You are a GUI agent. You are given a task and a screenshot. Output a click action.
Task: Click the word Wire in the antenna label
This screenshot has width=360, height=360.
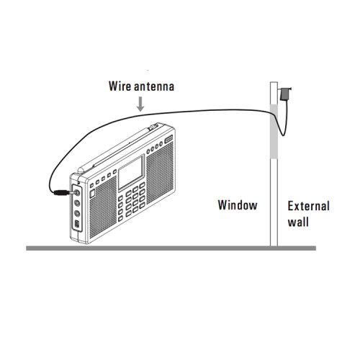tap(120, 86)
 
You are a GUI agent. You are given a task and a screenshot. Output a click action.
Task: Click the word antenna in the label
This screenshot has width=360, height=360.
tap(154, 86)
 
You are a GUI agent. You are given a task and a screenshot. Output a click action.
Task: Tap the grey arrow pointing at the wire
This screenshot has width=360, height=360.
tap(140, 104)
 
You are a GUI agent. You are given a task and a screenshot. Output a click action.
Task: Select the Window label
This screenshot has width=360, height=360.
tap(238, 205)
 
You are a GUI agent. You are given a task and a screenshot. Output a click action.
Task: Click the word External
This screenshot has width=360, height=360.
tap(309, 206)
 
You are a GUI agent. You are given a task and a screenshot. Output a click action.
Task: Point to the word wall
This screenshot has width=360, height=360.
tap(298, 222)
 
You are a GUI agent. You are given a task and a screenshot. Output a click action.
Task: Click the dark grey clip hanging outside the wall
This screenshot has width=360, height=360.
tap(285, 94)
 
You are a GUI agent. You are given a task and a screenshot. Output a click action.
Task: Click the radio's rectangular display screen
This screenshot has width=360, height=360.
tap(131, 173)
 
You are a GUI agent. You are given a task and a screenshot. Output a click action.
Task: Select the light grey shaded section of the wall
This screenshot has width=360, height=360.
tap(274, 132)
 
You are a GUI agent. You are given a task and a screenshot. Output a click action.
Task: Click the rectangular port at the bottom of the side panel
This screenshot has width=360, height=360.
tap(77, 224)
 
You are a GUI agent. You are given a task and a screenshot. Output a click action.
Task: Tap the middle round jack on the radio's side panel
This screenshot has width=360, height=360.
tap(77, 203)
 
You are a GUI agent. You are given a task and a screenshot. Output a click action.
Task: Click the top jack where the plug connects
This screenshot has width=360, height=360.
tap(77, 192)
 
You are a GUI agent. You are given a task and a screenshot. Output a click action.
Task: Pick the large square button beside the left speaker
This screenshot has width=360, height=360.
tap(92, 194)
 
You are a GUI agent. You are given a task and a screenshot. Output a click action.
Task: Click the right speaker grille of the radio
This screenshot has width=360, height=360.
tap(159, 174)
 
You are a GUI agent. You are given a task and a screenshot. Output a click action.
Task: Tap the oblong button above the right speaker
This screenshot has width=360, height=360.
tap(168, 138)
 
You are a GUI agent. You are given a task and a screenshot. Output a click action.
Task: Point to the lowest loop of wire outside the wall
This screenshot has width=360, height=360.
tap(283, 135)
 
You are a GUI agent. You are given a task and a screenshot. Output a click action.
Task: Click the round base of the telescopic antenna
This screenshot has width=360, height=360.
tap(81, 170)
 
